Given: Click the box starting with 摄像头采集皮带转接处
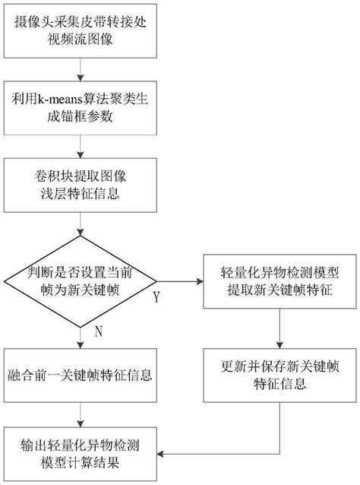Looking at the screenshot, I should pyautogui.click(x=82, y=32).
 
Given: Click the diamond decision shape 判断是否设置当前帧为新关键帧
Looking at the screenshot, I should pyautogui.click(x=82, y=281).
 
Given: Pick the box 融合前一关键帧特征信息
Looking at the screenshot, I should pyautogui.click(x=82, y=374).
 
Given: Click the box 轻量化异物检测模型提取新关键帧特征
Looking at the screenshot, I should pyautogui.click(x=282, y=281).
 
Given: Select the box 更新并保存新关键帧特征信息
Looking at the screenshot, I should pyautogui.click(x=282, y=374).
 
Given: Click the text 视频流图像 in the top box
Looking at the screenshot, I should pyautogui.click(x=82, y=41).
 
